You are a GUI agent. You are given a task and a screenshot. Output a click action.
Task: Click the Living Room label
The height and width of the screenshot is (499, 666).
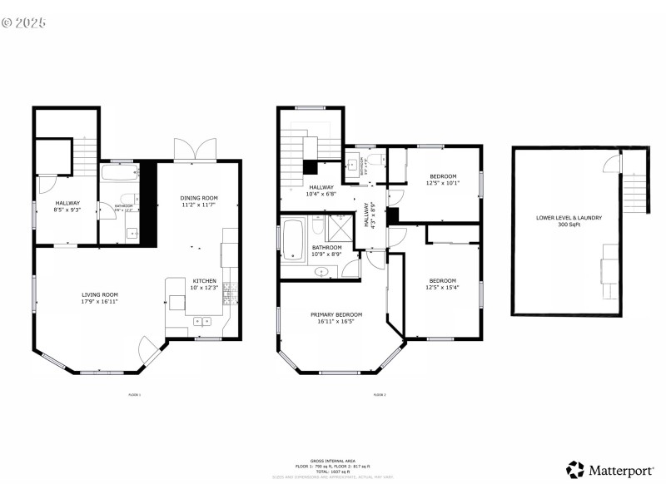coord(99,294)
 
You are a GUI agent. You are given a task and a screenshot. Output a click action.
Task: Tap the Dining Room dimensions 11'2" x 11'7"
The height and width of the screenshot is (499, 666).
coord(199,205)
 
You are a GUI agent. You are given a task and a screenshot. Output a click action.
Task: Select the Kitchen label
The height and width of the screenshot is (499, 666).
coord(205,280)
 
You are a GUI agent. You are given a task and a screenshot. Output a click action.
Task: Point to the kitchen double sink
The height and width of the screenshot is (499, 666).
coord(202,320)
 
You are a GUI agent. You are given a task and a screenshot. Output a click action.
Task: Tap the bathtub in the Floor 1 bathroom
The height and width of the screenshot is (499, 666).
coord(119,173)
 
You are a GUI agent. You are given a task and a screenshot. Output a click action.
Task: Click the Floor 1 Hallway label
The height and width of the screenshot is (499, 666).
coord(67,203)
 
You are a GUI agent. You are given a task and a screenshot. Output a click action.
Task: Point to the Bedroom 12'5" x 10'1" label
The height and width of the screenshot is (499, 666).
coord(443,176)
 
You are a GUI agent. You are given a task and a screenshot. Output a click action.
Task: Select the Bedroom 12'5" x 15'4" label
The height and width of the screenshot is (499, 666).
coord(442,280)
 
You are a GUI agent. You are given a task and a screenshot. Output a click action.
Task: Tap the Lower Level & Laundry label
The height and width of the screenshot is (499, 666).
coord(569,218)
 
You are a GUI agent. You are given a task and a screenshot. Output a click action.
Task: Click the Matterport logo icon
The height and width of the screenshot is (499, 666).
coord(575,470)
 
